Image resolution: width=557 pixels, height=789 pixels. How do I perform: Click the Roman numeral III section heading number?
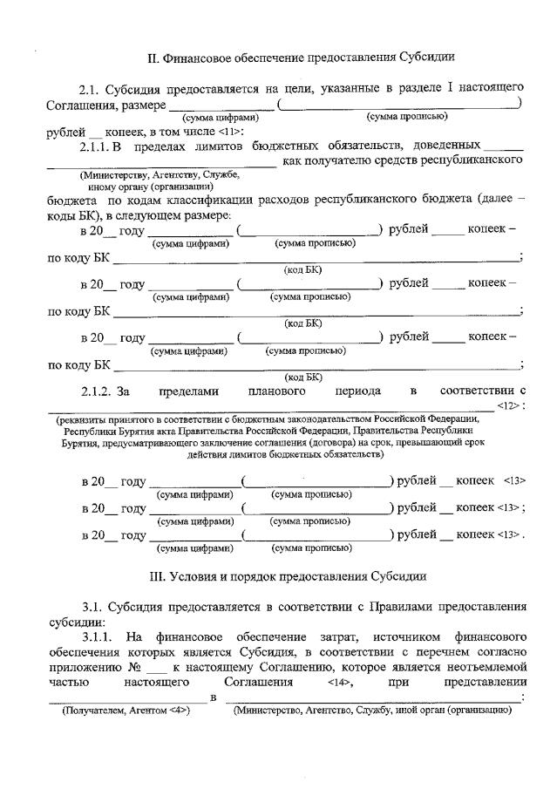point(154,575)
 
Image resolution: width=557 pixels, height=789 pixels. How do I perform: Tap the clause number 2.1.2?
point(95,390)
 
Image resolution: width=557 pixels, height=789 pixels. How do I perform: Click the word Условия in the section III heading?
point(200,575)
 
